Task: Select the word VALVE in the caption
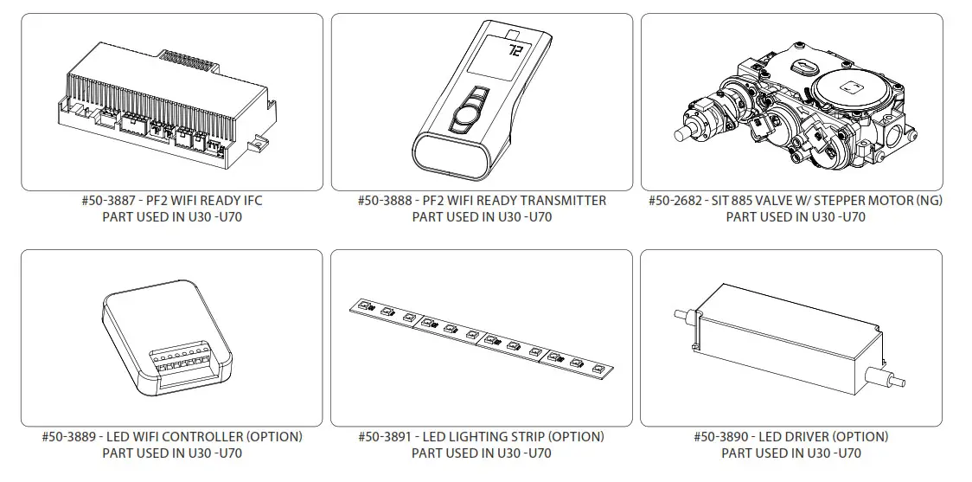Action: [781, 201]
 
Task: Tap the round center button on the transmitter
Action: [467, 110]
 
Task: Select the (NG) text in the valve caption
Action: [928, 201]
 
